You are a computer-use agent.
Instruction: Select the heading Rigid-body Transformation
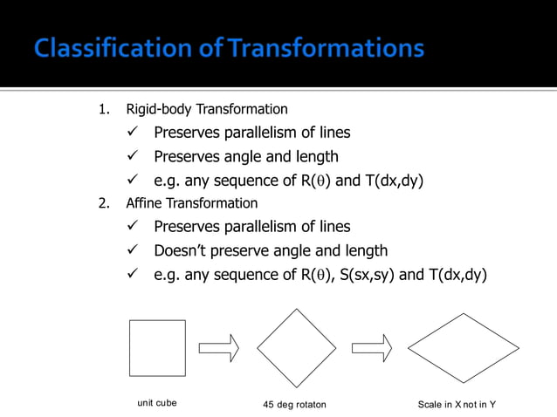(206, 110)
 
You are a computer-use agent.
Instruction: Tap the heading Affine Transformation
(191, 203)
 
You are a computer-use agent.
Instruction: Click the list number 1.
(103, 110)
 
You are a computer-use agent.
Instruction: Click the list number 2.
(103, 203)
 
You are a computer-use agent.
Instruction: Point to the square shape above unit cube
(157, 347)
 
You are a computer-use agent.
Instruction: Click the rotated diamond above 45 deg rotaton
(296, 347)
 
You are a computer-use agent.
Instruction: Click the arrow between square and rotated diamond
(218, 348)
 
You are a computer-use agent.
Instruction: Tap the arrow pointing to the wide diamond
(371, 348)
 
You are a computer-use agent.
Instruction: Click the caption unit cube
(157, 403)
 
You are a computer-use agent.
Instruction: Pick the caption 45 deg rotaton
(294, 405)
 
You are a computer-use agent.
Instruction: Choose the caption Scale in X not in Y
(457, 405)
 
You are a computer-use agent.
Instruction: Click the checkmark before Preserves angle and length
(133, 157)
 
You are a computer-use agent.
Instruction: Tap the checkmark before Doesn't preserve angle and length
(133, 250)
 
